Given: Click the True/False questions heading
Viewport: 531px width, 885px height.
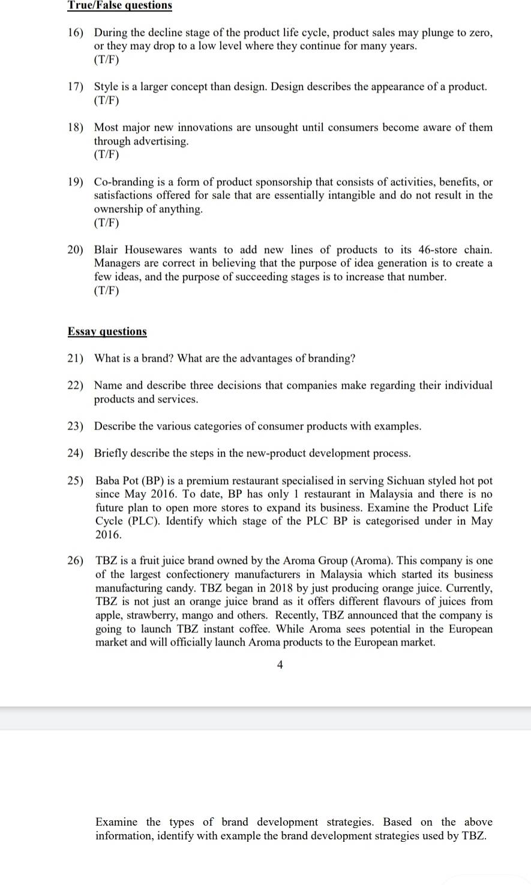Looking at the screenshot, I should click(119, 5).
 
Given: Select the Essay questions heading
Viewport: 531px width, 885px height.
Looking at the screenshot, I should click(107, 331).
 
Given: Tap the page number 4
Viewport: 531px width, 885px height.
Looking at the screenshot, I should click(280, 664).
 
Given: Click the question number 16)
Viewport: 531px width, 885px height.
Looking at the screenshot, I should click(75, 32).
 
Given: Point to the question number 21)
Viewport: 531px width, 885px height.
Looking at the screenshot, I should click(75, 358).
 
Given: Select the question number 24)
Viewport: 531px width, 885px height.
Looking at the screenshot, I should click(75, 453).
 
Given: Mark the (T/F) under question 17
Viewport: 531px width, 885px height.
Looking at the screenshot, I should click(106, 100).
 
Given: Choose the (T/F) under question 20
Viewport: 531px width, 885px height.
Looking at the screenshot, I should click(106, 290).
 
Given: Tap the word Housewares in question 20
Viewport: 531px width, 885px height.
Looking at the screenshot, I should click(153, 250).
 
